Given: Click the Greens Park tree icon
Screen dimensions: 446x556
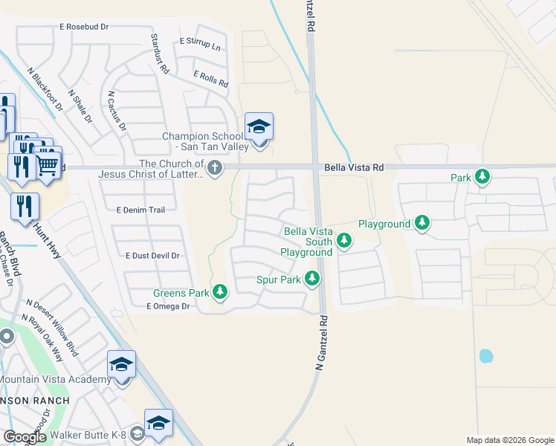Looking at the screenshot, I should coord(220,292).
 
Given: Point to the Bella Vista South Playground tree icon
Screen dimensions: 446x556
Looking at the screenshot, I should coord(343,240).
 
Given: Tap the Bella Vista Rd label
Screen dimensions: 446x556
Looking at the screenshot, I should coord(354,168).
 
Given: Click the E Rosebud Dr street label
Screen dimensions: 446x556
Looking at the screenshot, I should coord(84,27).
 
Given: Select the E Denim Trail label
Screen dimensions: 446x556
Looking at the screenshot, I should coord(140,210).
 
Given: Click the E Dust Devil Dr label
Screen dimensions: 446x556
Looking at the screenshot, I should coord(153,256).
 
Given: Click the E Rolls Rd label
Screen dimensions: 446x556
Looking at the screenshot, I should coord(210,78).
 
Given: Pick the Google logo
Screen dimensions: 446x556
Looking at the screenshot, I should coord(25,437).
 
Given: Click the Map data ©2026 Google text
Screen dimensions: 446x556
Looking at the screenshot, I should coord(509,440).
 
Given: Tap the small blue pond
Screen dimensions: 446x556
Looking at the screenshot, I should coord(486,356).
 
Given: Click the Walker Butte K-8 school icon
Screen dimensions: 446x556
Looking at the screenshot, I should coord(158,424).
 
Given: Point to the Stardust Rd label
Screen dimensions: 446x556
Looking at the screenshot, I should coord(160,54).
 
